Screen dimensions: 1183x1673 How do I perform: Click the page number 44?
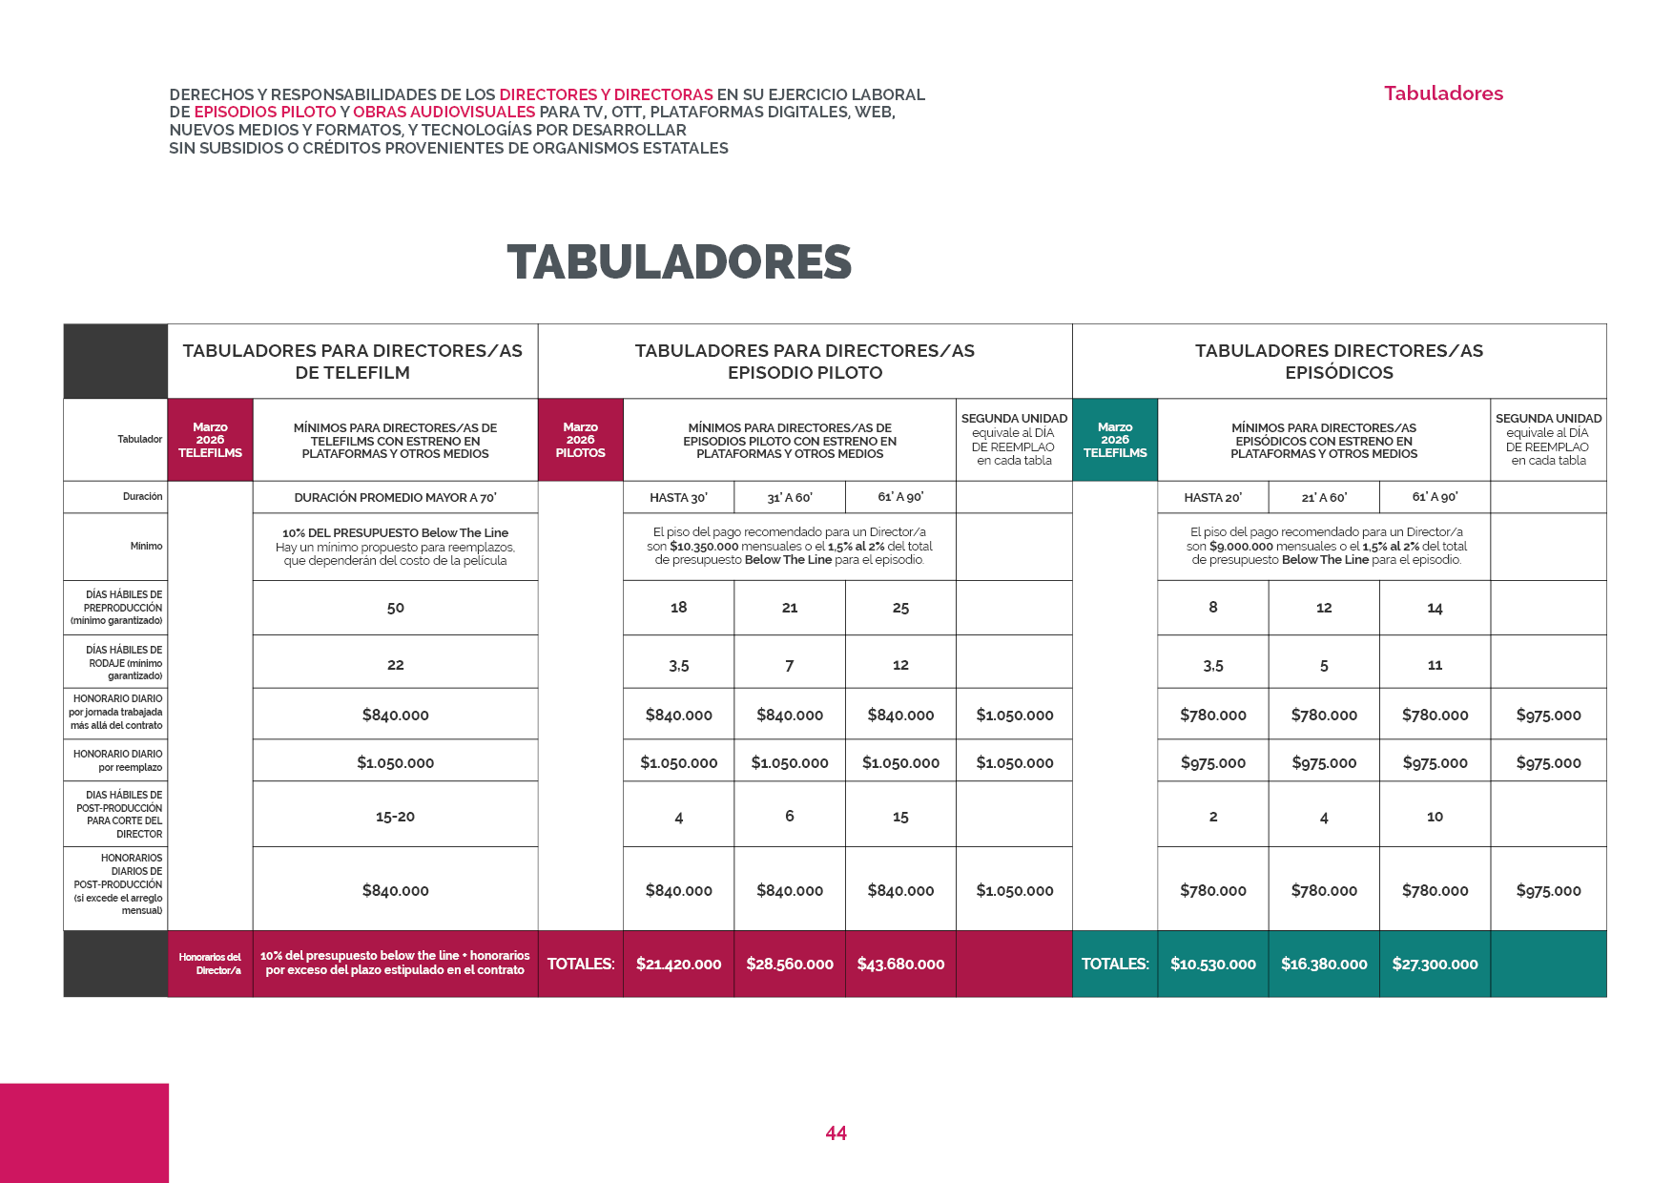[x=836, y=1133]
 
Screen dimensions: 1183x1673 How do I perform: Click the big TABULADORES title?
[x=679, y=262]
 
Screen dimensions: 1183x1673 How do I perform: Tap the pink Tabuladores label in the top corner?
[x=1443, y=93]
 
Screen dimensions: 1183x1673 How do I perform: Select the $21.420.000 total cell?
[x=678, y=964]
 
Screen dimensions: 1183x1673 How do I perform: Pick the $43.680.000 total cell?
[x=900, y=964]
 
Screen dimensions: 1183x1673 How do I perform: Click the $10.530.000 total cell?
[x=1212, y=964]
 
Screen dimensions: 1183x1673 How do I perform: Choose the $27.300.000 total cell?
[x=1435, y=964]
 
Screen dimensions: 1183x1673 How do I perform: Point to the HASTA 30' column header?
[x=678, y=497]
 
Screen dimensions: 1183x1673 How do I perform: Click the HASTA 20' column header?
[x=1212, y=497]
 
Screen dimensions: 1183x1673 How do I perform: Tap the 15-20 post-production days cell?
[x=395, y=817]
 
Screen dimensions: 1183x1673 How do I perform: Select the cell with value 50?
[x=395, y=608]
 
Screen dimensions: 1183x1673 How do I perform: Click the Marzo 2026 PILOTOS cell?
[x=580, y=440]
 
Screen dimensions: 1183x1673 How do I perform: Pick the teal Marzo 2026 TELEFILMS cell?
[x=1114, y=440]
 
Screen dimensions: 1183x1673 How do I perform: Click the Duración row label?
[x=142, y=497]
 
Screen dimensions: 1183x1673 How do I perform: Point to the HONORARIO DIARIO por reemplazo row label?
[x=117, y=760]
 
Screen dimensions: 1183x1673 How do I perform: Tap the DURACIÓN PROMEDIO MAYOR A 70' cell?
[x=395, y=497]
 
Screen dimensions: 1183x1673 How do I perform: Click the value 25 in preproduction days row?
[x=900, y=608]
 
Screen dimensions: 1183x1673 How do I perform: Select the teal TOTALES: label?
[x=1114, y=964]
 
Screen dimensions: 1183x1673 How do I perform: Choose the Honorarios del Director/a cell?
[x=210, y=964]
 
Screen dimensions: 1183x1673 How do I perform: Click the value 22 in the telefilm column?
[x=395, y=665]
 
